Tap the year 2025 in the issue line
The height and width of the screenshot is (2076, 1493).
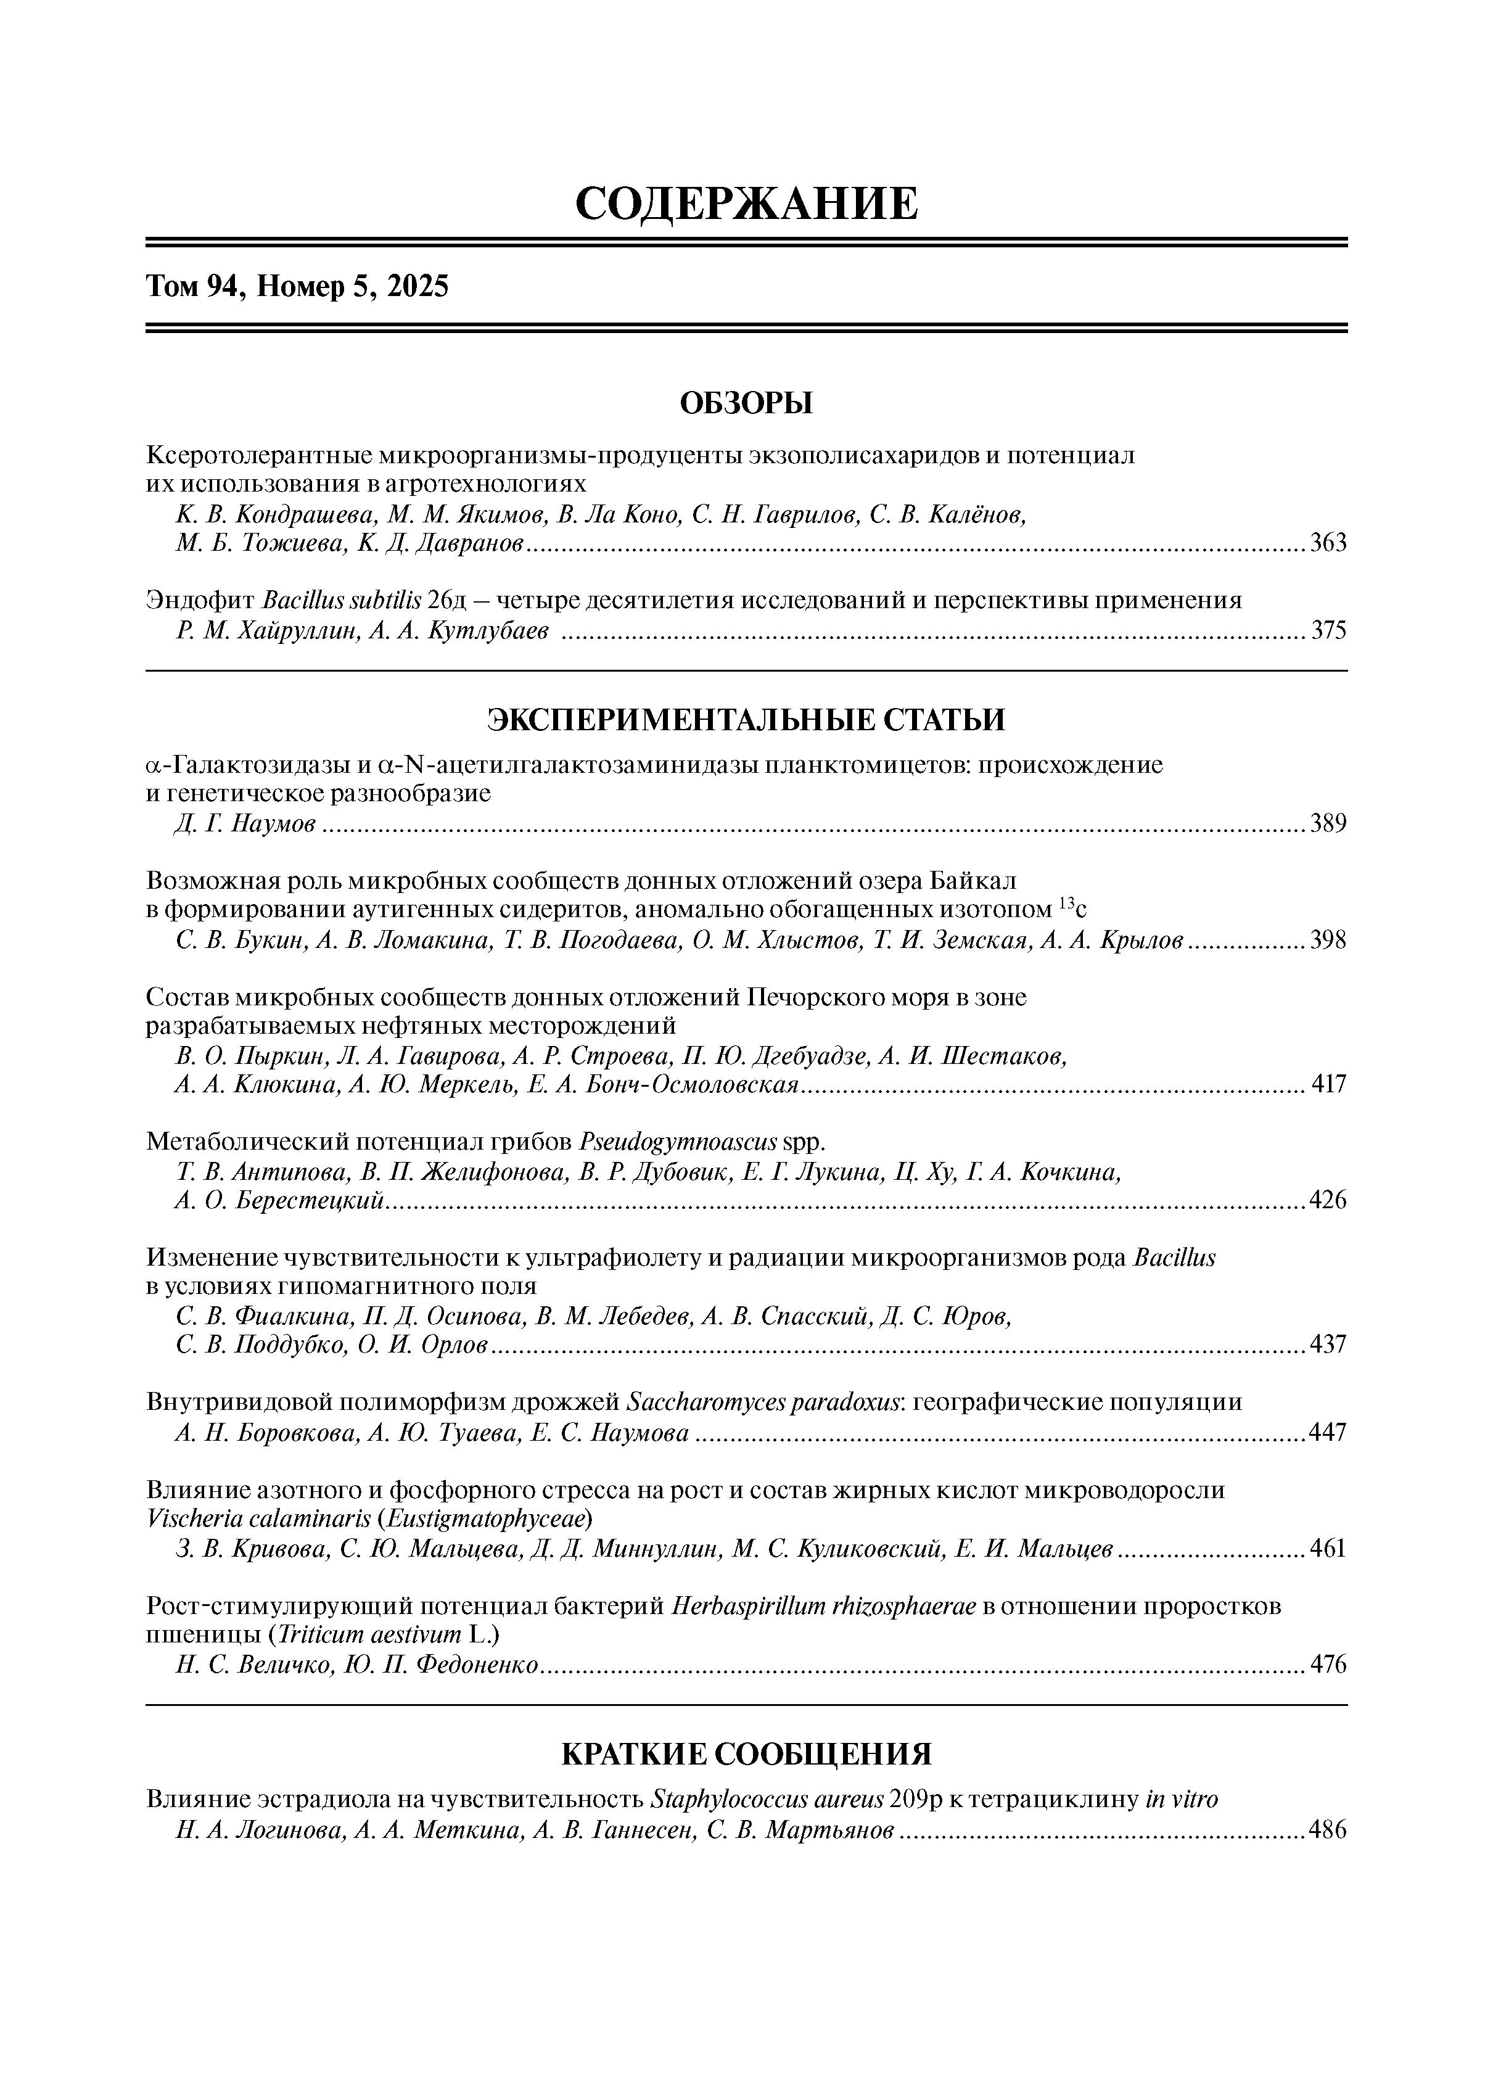click(417, 287)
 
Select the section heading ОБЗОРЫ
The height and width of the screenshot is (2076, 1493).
click(746, 403)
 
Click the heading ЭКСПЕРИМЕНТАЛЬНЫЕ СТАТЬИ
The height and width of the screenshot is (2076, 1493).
click(746, 720)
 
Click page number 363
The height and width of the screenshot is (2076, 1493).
click(1328, 544)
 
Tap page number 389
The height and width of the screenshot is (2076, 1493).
click(1328, 824)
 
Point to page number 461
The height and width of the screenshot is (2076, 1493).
click(1328, 1548)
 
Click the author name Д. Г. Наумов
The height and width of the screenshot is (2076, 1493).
click(245, 825)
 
